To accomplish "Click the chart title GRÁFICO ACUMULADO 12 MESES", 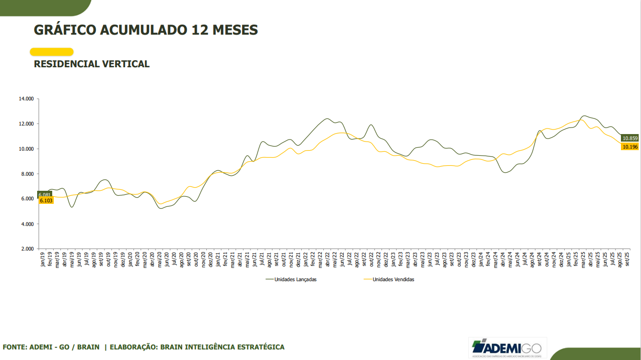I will tap(146, 30).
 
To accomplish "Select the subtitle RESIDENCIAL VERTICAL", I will tap(91, 64).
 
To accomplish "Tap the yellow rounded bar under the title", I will tap(52, 52).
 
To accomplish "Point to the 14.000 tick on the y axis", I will tap(26, 99).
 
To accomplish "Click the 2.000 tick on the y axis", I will tap(27, 249).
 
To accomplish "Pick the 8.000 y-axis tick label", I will tap(27, 174).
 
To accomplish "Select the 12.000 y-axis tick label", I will tap(26, 124).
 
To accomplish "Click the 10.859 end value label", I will tap(629, 138).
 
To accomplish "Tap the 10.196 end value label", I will tap(629, 147).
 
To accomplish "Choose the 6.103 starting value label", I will tap(46, 200).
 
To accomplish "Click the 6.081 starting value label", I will tap(45, 194).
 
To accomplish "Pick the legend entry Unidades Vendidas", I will tap(393, 280).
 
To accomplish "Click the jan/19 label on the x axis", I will tap(43, 260).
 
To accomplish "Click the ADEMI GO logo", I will tap(507, 347).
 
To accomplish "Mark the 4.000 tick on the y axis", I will tap(27, 224).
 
